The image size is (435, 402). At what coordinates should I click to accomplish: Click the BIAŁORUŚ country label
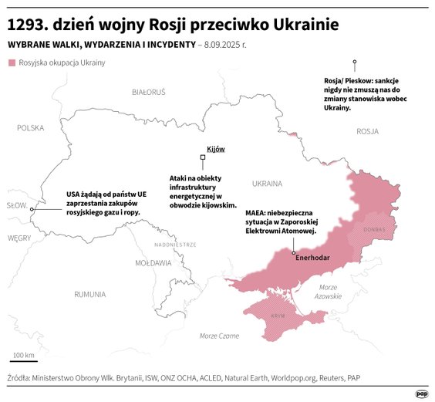(x=148, y=92)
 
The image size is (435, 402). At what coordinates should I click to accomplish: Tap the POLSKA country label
(x=31, y=128)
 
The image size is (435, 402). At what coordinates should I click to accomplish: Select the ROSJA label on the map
(x=367, y=131)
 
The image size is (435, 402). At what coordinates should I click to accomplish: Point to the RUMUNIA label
(x=90, y=294)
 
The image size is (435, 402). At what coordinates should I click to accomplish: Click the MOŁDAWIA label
(x=153, y=262)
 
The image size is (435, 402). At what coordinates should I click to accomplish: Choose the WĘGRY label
(x=19, y=238)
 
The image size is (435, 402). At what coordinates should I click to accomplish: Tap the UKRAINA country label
(x=267, y=184)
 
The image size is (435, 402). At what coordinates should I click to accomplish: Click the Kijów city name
(x=215, y=148)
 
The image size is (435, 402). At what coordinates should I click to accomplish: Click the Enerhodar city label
(x=317, y=259)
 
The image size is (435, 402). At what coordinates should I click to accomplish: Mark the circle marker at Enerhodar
(x=294, y=252)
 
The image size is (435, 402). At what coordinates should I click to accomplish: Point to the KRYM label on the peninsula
(x=278, y=316)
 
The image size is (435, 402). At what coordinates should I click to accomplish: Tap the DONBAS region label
(x=374, y=229)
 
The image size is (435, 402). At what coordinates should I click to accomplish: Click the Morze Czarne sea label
(x=219, y=336)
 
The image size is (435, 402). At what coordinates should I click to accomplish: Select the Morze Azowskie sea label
(x=329, y=292)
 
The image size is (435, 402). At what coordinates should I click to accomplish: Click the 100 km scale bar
(x=24, y=360)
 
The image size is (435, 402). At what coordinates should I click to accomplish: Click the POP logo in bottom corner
(x=421, y=393)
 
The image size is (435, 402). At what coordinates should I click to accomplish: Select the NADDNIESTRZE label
(x=175, y=244)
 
